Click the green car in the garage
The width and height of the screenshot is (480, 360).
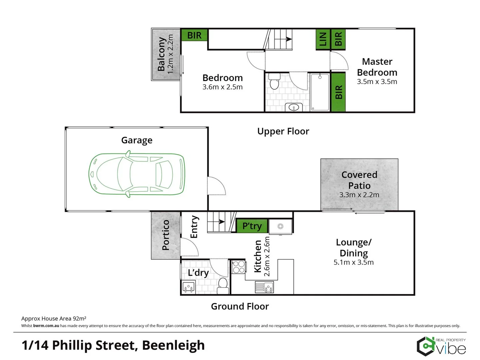pyautogui.click(x=137, y=174)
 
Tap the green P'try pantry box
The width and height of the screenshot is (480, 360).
pyautogui.click(x=252, y=226)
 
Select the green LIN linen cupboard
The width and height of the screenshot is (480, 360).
pyautogui.click(x=323, y=39)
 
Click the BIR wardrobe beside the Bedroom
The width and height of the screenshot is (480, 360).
pyautogui.click(x=194, y=35)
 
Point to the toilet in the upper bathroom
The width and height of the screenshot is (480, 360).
pyautogui.click(x=274, y=82)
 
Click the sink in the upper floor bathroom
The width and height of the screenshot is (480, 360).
pyautogui.click(x=294, y=107)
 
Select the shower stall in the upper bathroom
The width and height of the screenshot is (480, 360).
pyautogui.click(x=320, y=92)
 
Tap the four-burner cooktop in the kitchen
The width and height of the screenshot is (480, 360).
pyautogui.click(x=239, y=267)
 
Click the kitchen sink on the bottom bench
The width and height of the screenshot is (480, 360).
pyautogui.click(x=264, y=287)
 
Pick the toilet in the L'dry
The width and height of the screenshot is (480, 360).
pyautogui.click(x=223, y=285)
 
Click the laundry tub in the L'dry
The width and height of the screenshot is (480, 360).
pyautogui.click(x=189, y=287)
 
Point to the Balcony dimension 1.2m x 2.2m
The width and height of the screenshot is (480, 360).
pyautogui.click(x=171, y=54)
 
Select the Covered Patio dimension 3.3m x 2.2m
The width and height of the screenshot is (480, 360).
pyautogui.click(x=359, y=195)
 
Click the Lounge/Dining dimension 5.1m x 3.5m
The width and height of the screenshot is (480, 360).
pyautogui.click(x=353, y=262)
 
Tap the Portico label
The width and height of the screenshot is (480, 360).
pyautogui.click(x=166, y=235)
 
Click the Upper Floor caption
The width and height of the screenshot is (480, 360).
pyautogui.click(x=283, y=131)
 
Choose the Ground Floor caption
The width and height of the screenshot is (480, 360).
pyautogui.click(x=240, y=306)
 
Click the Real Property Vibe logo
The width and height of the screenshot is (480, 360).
pyautogui.click(x=441, y=347)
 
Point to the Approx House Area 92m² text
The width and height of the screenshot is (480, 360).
pyautogui.click(x=54, y=318)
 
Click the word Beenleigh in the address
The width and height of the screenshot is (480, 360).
pyautogui.click(x=173, y=345)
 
